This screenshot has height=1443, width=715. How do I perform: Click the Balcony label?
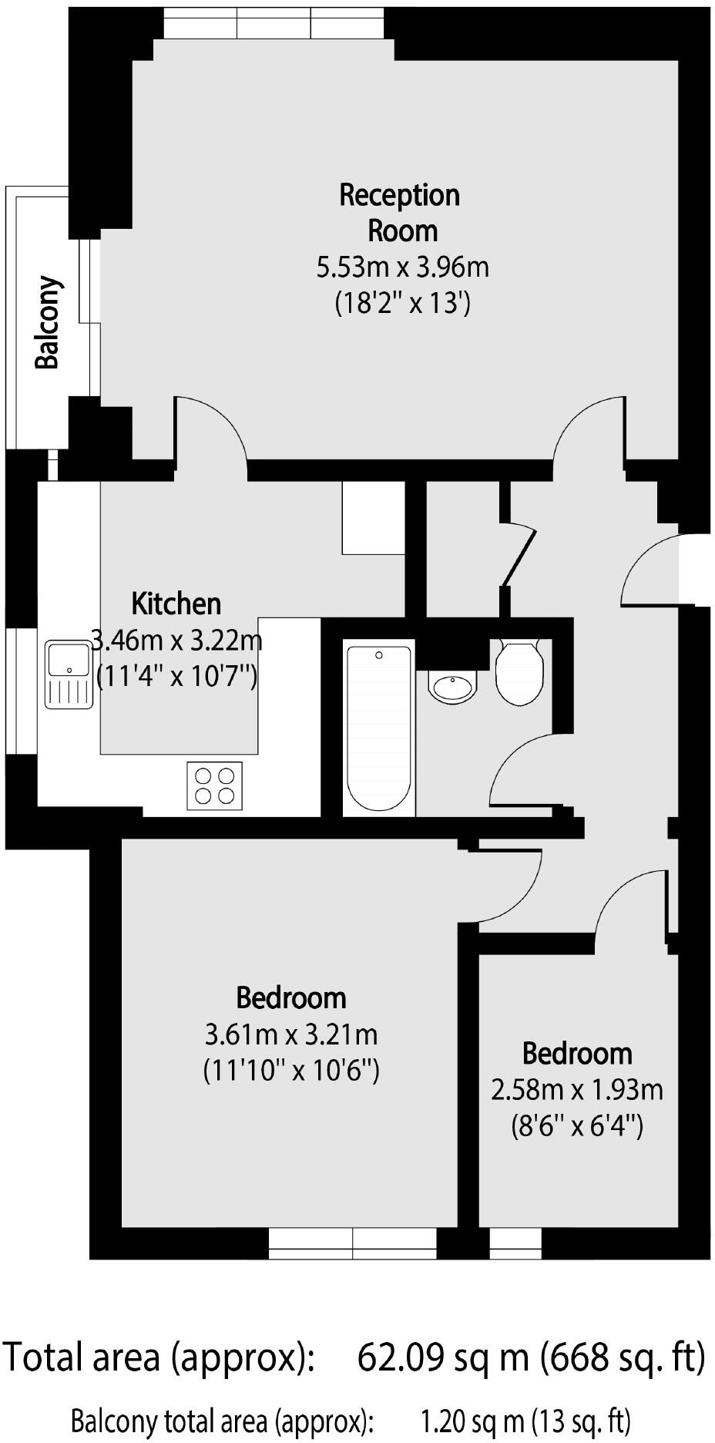pyautogui.click(x=48, y=322)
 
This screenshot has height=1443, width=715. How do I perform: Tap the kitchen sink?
pyautogui.click(x=69, y=673)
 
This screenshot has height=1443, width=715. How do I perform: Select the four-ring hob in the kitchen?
pyautogui.click(x=215, y=785)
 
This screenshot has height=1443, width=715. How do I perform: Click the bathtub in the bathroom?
pyautogui.click(x=379, y=727)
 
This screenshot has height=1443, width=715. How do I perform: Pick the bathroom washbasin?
pyautogui.click(x=453, y=685)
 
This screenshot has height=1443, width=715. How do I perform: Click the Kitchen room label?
pyautogui.click(x=176, y=604)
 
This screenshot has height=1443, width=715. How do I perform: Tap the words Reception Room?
pyautogui.click(x=400, y=213)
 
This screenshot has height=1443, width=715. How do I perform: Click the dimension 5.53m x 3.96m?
pyautogui.click(x=403, y=267)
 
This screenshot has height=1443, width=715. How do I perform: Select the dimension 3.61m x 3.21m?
pyautogui.click(x=291, y=1033)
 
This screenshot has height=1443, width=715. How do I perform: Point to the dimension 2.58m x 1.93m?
pyautogui.click(x=577, y=1090)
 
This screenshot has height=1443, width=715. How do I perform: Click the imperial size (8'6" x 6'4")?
pyautogui.click(x=577, y=1127)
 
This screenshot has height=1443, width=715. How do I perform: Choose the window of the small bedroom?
pyautogui.click(x=515, y=1243)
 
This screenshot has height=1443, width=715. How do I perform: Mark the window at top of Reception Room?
pyautogui.click(x=274, y=26)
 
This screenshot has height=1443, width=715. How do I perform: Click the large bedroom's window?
pyautogui.click(x=353, y=1243)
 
